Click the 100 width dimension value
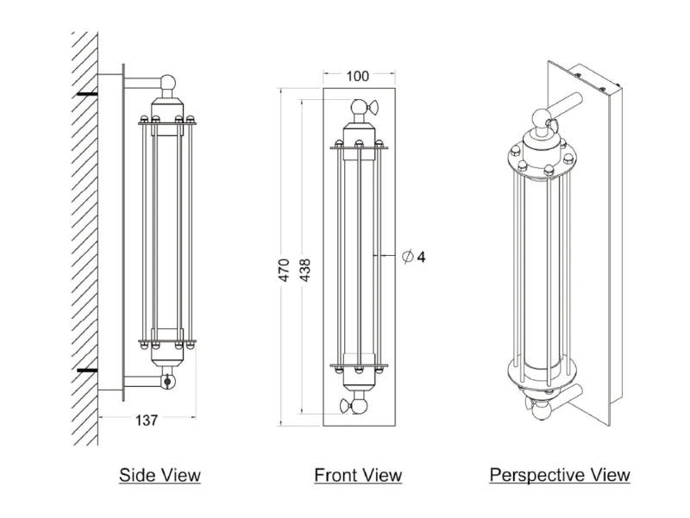tap(358, 76)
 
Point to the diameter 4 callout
tap(414, 257)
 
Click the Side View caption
tap(160, 475)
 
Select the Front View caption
tap(358, 475)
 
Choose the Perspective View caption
tap(560, 475)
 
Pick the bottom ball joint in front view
tap(359, 404)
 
